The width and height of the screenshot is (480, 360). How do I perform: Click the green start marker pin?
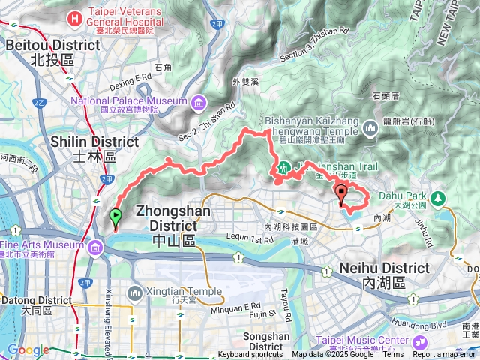(115, 218)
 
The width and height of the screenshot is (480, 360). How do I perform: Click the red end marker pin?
(342, 195)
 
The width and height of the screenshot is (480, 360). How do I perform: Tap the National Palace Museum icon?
(198, 101)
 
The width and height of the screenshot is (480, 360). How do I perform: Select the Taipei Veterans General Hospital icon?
(75, 17)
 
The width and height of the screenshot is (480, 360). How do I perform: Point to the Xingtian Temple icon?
(136, 291)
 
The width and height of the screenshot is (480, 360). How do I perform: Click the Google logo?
(28, 350)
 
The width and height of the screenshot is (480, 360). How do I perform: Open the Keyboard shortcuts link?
(250, 355)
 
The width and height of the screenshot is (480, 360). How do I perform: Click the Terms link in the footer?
(393, 355)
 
